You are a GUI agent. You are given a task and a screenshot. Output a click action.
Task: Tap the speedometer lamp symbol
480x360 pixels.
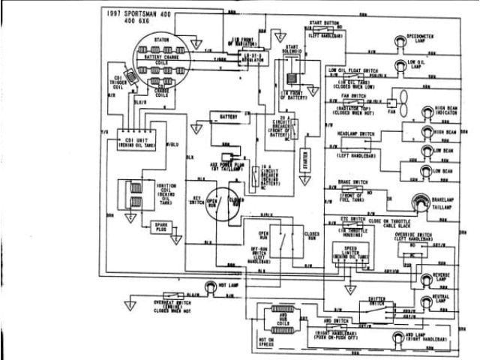coord(396,42)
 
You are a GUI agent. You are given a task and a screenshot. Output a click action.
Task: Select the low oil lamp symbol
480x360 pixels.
coord(396,66)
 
